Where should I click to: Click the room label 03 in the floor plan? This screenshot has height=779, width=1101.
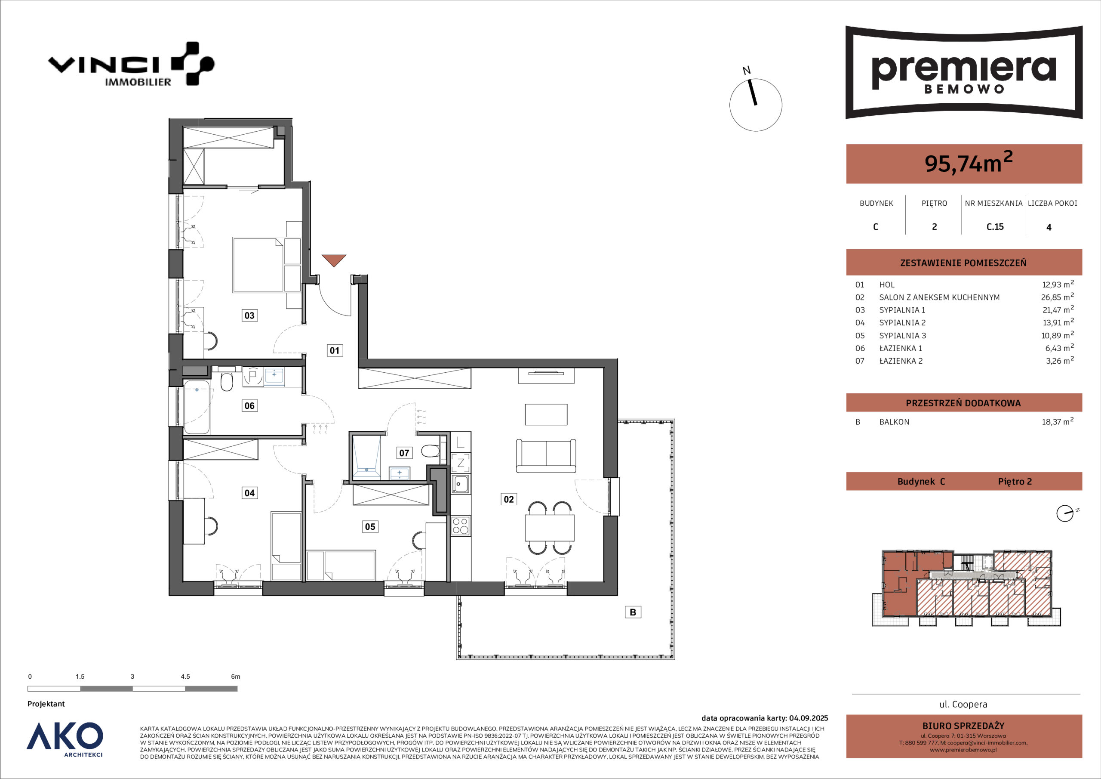[249, 315]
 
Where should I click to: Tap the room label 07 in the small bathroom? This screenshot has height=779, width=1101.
[404, 453]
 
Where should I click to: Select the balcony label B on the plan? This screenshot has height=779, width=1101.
[633, 612]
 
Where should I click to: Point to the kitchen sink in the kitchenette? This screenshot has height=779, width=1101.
[460, 484]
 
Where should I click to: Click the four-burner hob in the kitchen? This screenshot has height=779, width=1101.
[460, 526]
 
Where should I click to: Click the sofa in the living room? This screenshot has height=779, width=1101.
[546, 456]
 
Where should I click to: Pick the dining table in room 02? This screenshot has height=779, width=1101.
[550, 528]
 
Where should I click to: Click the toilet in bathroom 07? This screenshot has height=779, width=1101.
[431, 451]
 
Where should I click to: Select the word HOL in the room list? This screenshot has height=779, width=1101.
[887, 284]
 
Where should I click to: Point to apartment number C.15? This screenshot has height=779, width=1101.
[995, 226]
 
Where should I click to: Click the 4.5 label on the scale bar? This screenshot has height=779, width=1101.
[185, 677]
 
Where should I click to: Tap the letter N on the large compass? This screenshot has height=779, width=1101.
[747, 71]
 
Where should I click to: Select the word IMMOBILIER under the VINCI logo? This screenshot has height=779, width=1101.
[138, 82]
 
